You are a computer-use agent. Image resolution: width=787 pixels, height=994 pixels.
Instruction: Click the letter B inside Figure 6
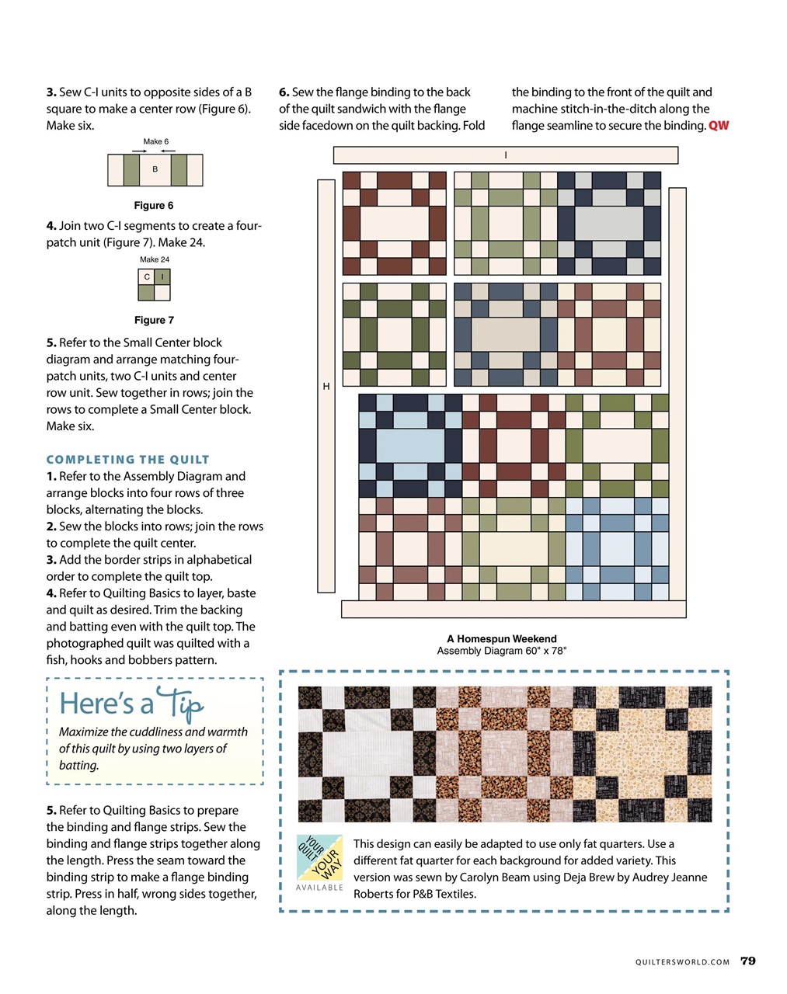point(155,169)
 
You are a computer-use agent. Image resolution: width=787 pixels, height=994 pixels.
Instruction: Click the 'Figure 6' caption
point(154,206)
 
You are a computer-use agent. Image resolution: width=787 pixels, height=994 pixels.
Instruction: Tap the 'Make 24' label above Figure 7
point(155,259)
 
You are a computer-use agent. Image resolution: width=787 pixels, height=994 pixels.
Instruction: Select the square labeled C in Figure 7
point(146,277)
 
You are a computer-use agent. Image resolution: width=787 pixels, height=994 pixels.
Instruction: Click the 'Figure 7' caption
point(154,320)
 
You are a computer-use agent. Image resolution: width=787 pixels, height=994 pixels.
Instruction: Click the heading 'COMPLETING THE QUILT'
point(127,460)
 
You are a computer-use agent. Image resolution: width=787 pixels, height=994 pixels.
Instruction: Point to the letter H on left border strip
point(326,386)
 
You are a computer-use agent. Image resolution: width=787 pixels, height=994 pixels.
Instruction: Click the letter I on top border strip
point(506,155)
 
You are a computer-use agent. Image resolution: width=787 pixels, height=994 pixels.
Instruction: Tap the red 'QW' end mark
point(719,126)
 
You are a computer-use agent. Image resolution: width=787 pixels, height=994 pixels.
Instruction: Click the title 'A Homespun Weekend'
point(501,639)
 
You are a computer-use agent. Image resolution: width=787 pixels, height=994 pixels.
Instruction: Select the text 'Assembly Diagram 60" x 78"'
point(501,651)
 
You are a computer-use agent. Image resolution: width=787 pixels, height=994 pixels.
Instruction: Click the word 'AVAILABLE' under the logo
point(319,888)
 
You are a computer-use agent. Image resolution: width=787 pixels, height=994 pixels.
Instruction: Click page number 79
point(747,961)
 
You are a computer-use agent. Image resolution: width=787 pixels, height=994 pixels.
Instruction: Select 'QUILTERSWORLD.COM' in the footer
point(682,962)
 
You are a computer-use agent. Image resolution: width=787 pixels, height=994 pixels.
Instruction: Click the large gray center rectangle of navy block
point(609,223)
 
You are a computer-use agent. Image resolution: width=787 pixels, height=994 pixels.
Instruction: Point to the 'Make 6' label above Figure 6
point(155,141)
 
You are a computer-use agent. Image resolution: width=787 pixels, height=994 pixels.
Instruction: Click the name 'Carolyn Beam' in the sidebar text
point(493,878)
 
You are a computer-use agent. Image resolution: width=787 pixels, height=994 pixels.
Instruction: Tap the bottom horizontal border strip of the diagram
point(514,609)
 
